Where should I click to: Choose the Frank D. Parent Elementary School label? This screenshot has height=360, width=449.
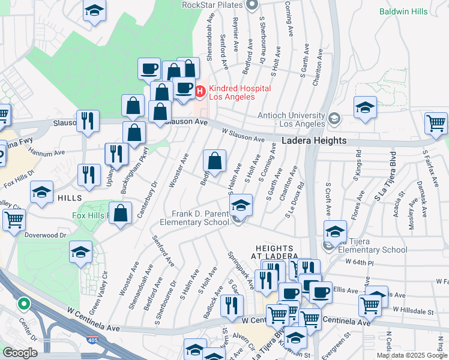click(x=194, y=217)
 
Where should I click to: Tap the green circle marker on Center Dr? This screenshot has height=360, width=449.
click(x=24, y=303)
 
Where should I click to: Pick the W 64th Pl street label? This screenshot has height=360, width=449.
click(x=359, y=262)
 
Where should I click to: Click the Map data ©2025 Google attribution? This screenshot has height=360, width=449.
click(x=411, y=355)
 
